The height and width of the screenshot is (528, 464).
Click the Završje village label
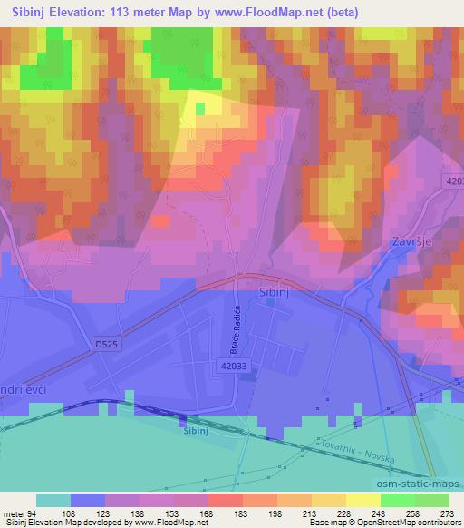coord(409,243)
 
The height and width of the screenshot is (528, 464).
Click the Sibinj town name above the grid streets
coord(273,296)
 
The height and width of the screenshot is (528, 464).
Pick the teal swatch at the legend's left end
coord(53,499)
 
